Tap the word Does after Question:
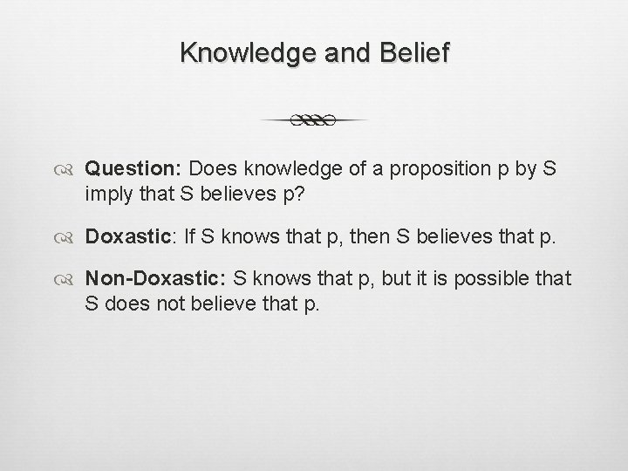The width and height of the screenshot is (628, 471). click(210, 167)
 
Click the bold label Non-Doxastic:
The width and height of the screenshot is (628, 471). click(154, 278)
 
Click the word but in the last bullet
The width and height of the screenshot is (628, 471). click(392, 278)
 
